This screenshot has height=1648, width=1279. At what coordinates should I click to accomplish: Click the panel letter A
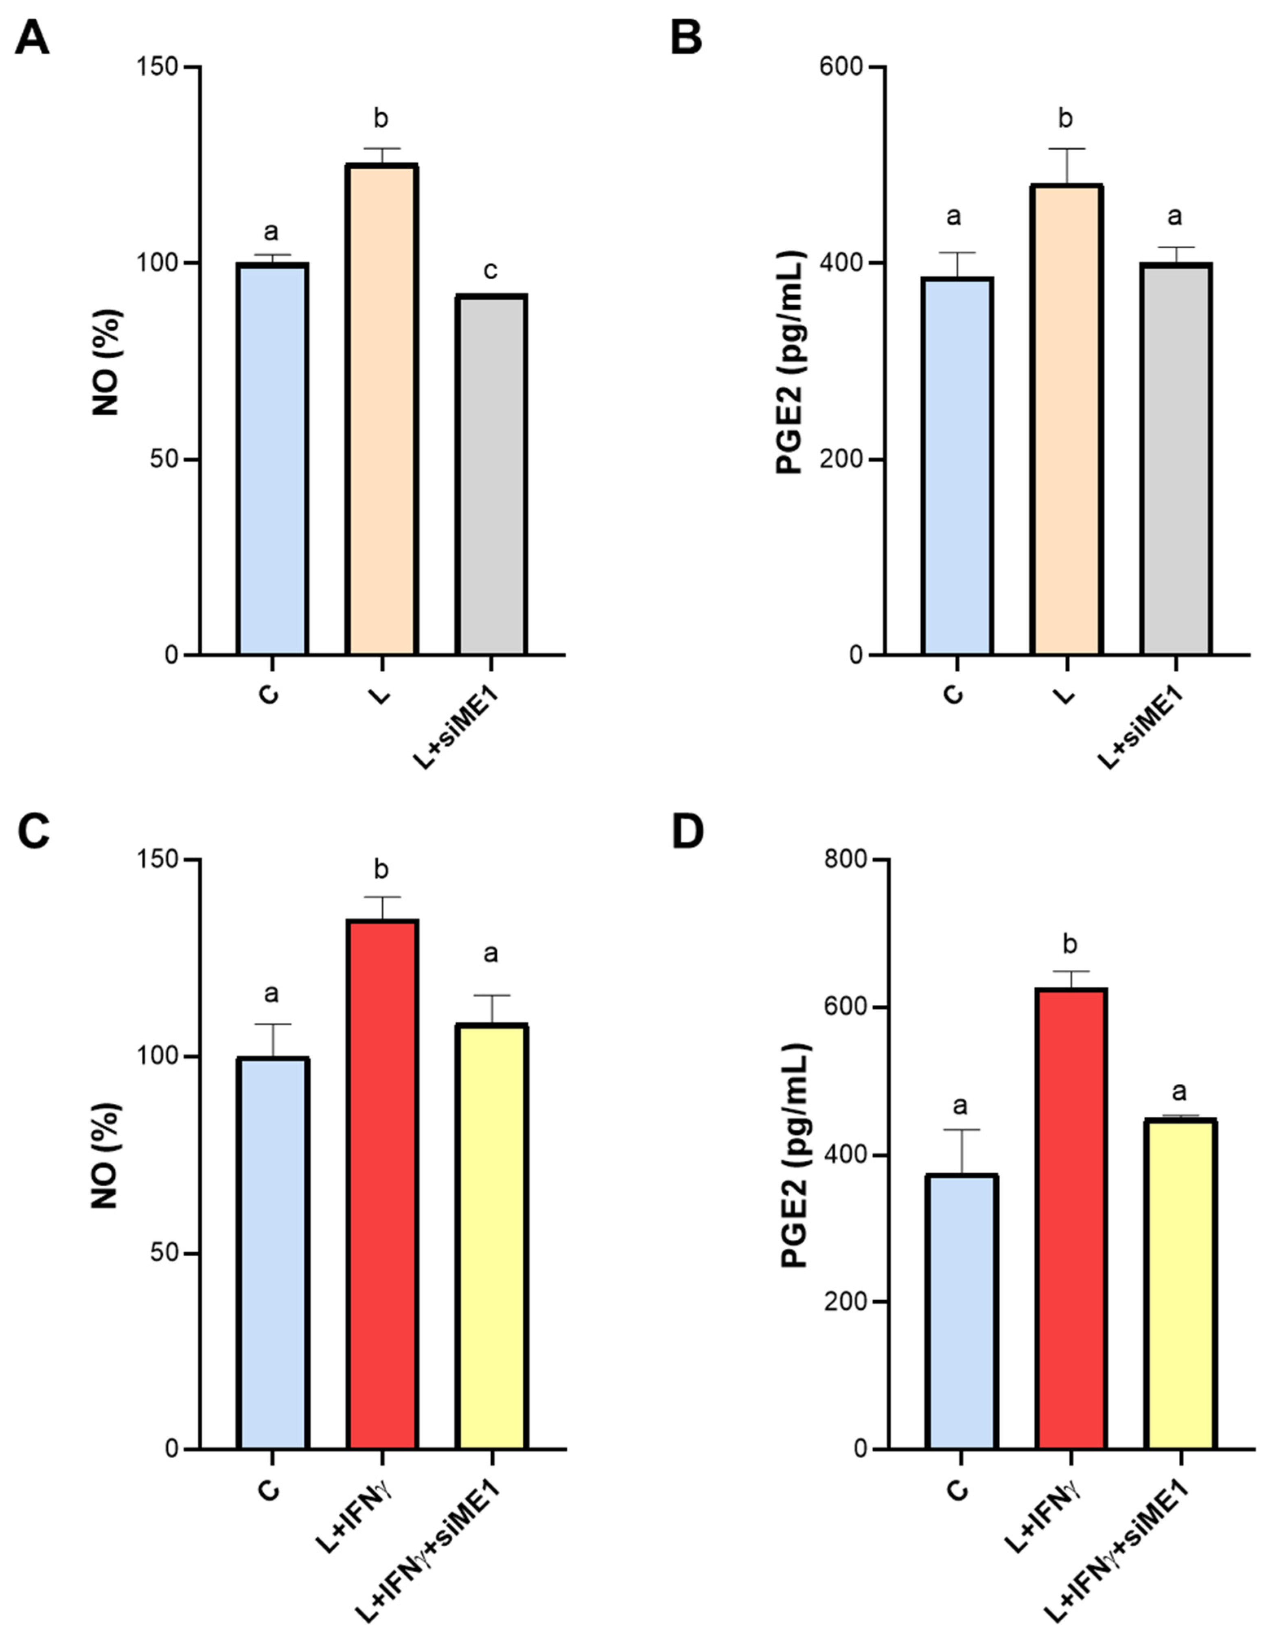[x=32, y=38]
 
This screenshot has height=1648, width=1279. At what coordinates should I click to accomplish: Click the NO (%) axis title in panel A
[x=106, y=362]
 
